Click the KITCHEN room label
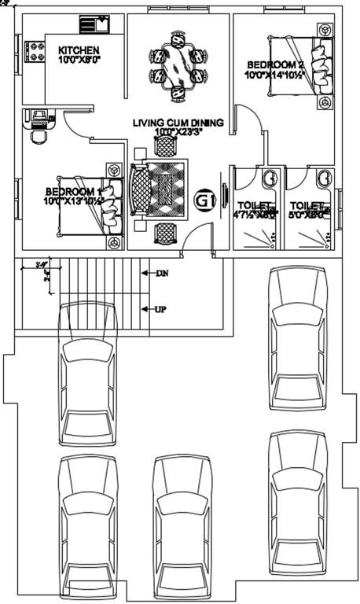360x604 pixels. tap(79, 50)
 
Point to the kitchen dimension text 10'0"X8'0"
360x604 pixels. tap(79, 60)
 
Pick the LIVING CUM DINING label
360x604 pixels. tap(178, 123)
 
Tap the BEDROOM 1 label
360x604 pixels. tap(72, 192)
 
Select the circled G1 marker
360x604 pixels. tap(204, 201)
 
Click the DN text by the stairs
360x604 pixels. tap(163, 274)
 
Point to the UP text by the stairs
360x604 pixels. tap(160, 309)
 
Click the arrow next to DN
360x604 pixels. tap(146, 274)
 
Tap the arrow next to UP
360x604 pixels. tap(145, 309)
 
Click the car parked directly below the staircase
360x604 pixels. tap(86, 389)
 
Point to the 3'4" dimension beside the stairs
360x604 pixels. tap(42, 265)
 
